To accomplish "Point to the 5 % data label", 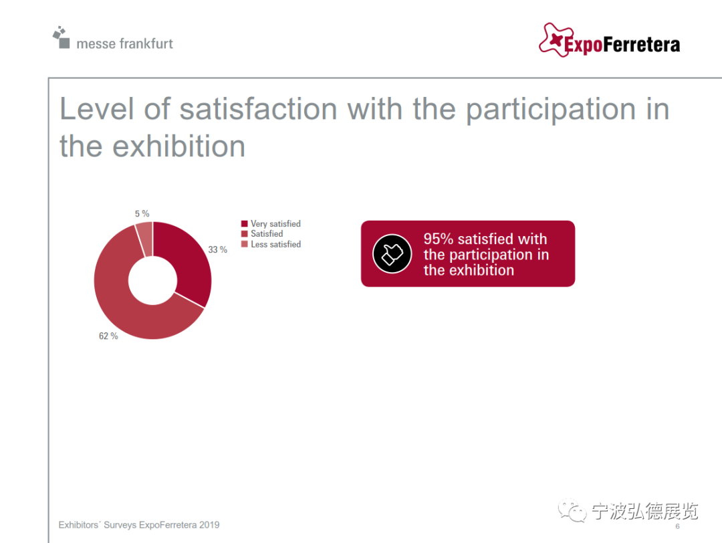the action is [142, 214].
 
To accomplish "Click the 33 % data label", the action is [217, 249].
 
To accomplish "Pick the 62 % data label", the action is [108, 336].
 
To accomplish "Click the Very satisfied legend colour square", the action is [245, 224].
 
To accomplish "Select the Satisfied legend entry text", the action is [267, 234].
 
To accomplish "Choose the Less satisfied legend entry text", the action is [276, 244].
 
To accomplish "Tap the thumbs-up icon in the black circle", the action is [392, 253].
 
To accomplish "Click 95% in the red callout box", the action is [439, 239].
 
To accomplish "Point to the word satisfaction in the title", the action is [258, 109].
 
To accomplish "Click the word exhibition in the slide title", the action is [178, 146].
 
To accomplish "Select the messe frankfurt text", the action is [124, 43].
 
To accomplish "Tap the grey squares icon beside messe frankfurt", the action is [62, 37].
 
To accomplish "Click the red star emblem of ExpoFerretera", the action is [556, 39].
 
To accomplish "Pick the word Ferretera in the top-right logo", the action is [641, 45].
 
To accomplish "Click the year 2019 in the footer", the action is [209, 525].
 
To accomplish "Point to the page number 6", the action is [677, 526].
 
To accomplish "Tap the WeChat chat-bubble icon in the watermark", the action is [572, 510].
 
